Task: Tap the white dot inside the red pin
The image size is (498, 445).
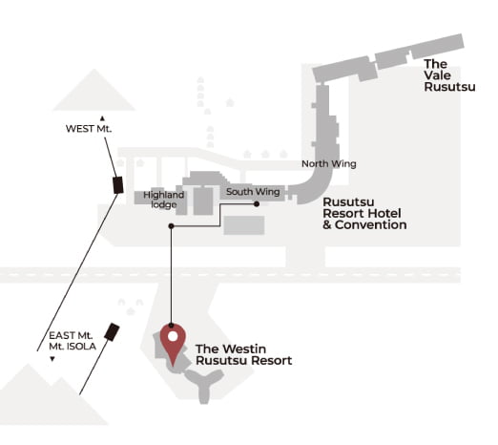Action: coord(173,336)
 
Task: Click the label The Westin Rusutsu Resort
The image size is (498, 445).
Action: coord(243,354)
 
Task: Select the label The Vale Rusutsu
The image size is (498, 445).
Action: coord(449,75)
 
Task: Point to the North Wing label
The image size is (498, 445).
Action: coord(329,163)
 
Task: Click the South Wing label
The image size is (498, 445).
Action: coord(253,192)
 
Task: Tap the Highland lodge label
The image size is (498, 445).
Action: coord(163,200)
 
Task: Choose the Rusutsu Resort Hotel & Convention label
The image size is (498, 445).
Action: coord(364,213)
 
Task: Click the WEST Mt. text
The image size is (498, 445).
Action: coord(89,129)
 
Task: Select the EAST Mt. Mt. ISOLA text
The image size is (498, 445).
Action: coord(73,341)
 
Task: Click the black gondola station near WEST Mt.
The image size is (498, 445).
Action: coord(118,185)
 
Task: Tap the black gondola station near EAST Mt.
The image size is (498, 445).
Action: coord(112,332)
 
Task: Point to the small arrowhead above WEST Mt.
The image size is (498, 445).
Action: coord(102,118)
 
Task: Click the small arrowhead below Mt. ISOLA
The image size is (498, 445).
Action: coord(52,359)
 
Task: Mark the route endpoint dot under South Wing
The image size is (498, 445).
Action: coord(257,204)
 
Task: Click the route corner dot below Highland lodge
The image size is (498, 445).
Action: coord(171,226)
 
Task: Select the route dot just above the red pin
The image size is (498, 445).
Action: coord(171,326)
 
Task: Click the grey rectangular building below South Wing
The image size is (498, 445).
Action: coord(244,225)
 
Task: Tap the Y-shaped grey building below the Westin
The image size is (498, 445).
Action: coord(204,385)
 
